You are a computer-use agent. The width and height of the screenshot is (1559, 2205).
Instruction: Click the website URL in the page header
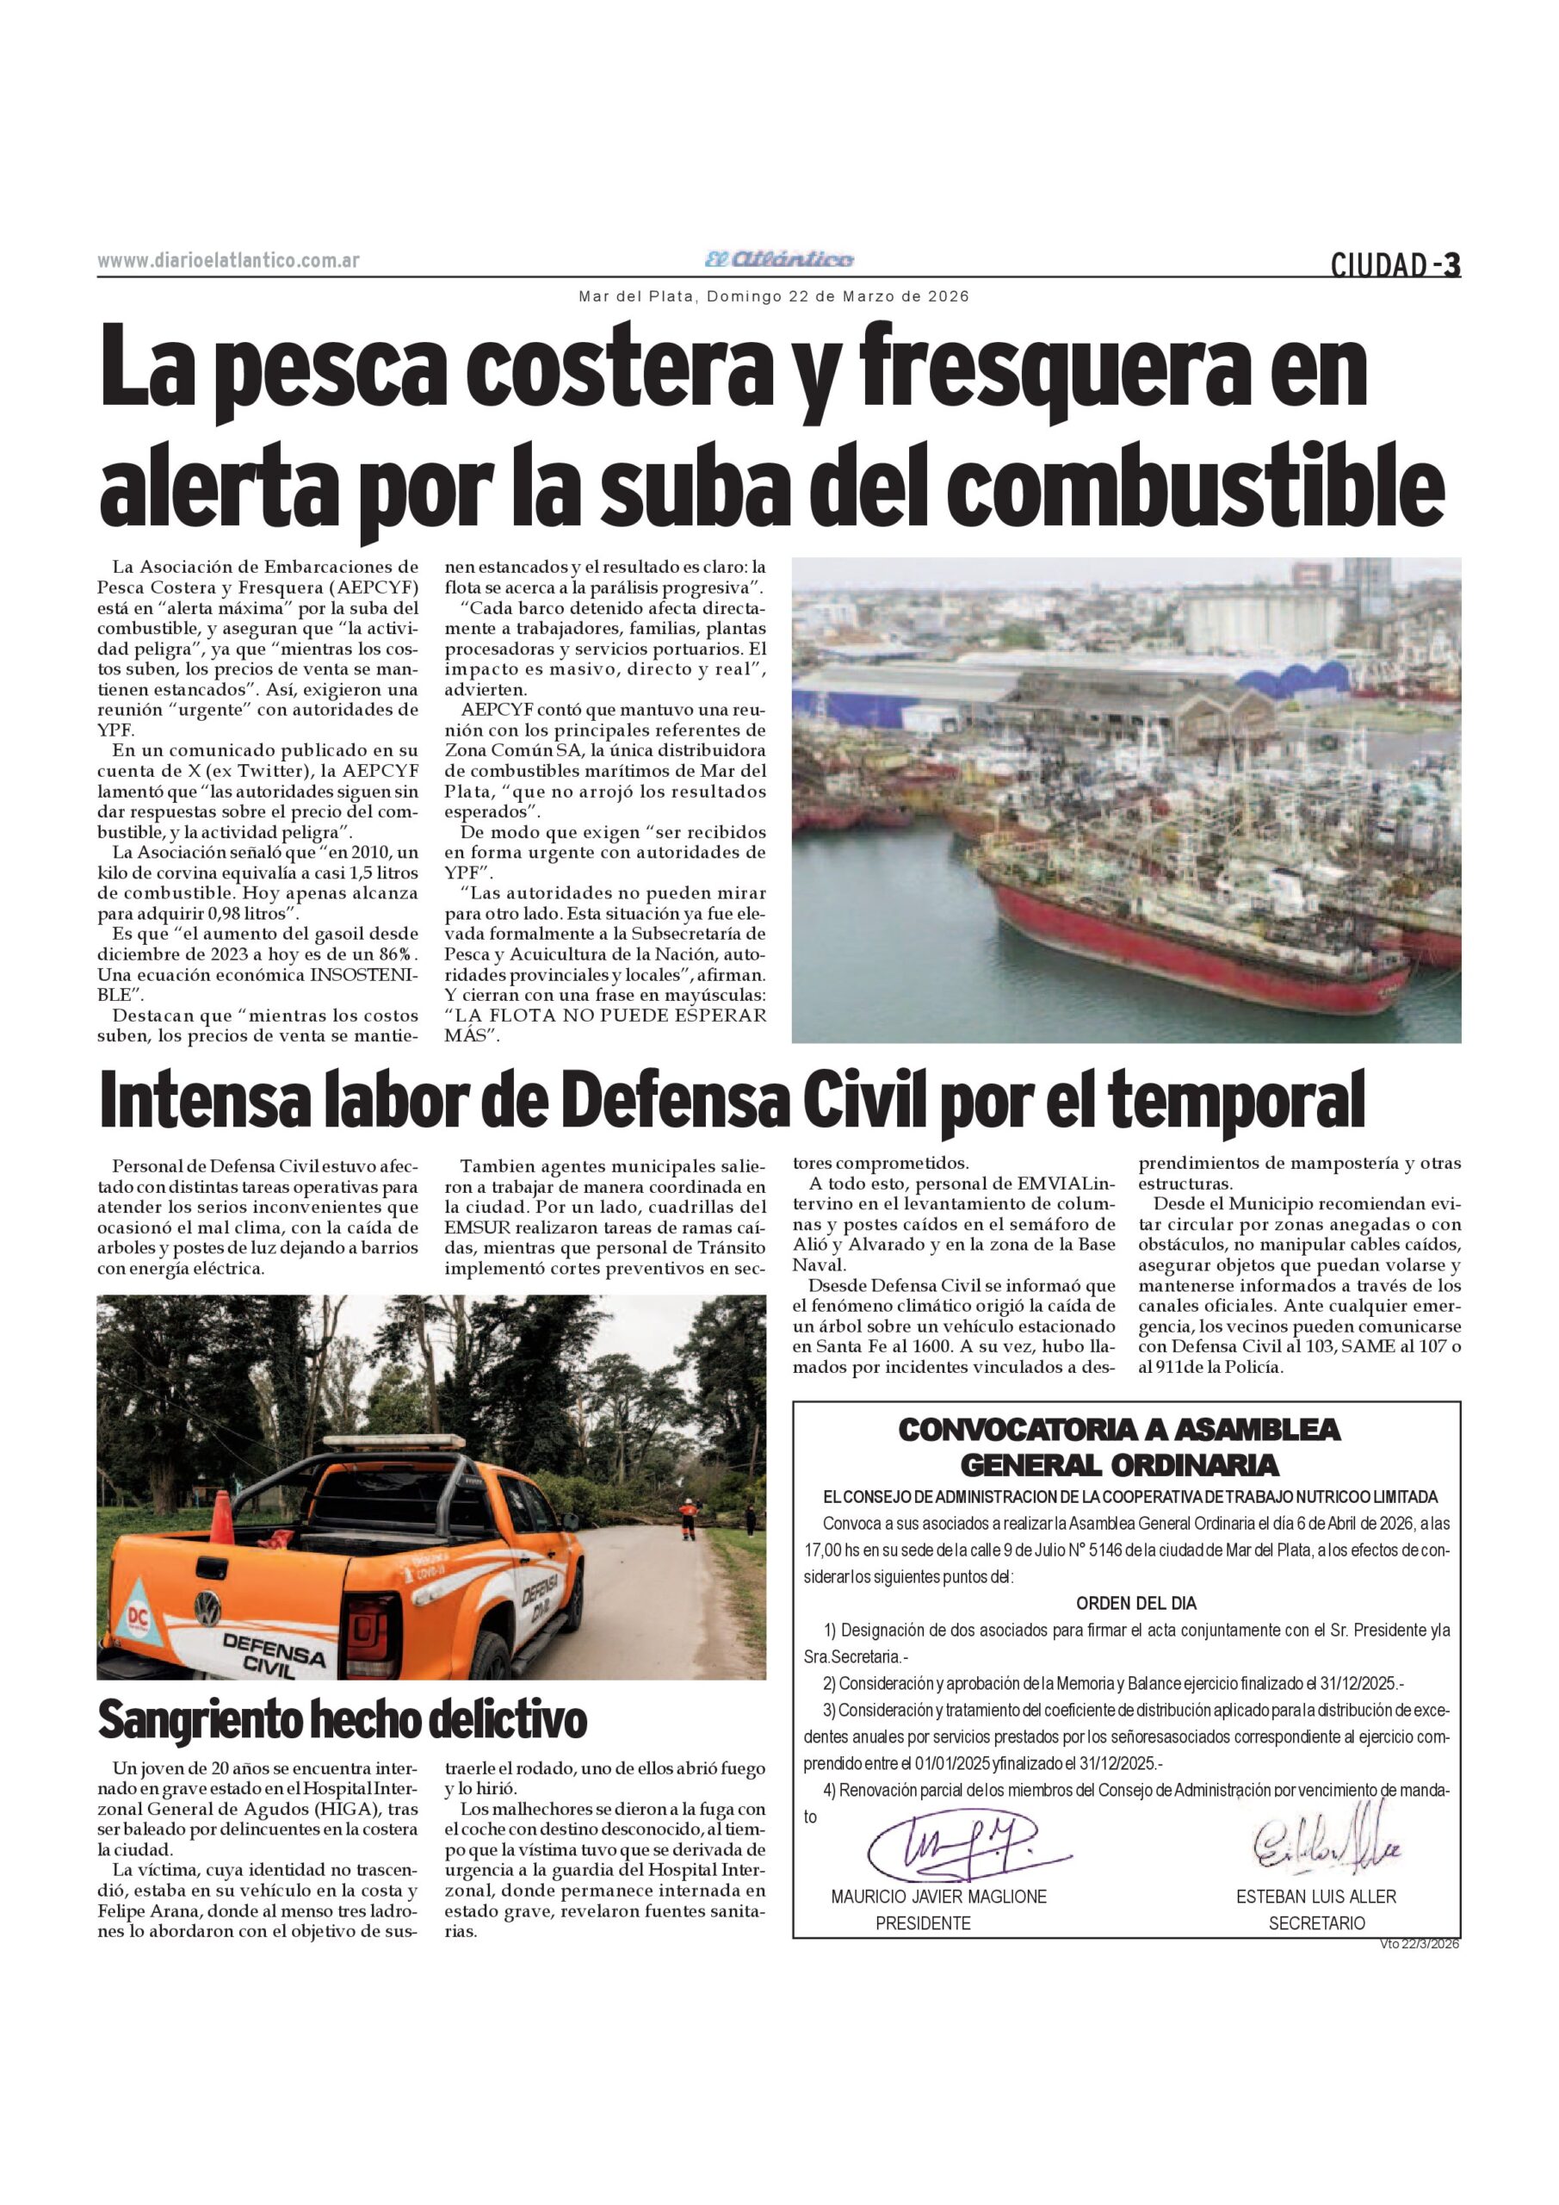(228, 261)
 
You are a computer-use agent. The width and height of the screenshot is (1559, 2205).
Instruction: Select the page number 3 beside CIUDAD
(1452, 264)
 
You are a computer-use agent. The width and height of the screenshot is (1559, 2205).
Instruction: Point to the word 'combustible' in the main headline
(1202, 487)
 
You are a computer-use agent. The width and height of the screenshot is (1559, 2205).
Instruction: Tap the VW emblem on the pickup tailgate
(207, 1606)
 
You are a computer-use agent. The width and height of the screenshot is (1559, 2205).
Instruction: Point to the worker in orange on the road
(687, 1520)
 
